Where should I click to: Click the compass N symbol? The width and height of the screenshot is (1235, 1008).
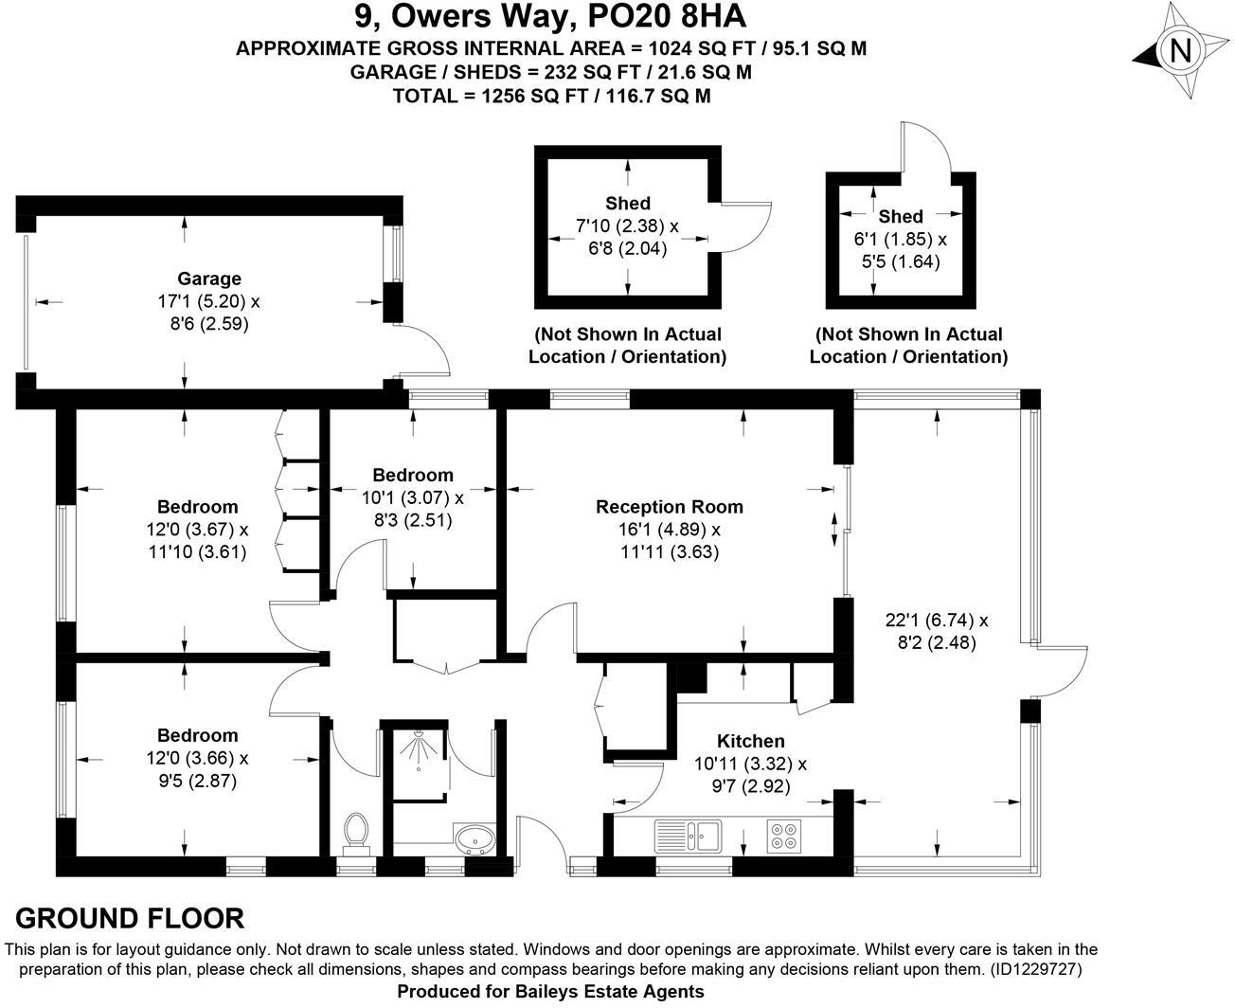pos(1180,51)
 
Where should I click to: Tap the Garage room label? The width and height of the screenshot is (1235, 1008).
pos(209,279)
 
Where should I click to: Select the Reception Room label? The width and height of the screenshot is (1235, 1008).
pos(669,507)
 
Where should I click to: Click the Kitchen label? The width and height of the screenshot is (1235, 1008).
pos(750,741)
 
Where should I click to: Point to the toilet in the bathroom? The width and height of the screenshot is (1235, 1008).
pos(356,831)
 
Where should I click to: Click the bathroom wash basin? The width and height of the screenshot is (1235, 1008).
pos(474,839)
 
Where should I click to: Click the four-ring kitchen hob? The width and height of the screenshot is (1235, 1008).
pos(783,836)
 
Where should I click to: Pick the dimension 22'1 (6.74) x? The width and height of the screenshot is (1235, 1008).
pos(936,621)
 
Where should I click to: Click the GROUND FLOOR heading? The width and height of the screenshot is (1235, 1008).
pos(130,918)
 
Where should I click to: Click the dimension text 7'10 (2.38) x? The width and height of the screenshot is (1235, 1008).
pos(627,226)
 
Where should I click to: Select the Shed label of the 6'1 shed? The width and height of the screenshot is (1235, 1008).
pos(900,217)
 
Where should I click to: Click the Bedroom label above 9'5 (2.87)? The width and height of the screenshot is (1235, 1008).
pos(197,735)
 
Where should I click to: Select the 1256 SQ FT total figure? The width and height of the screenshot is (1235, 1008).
pos(532,96)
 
